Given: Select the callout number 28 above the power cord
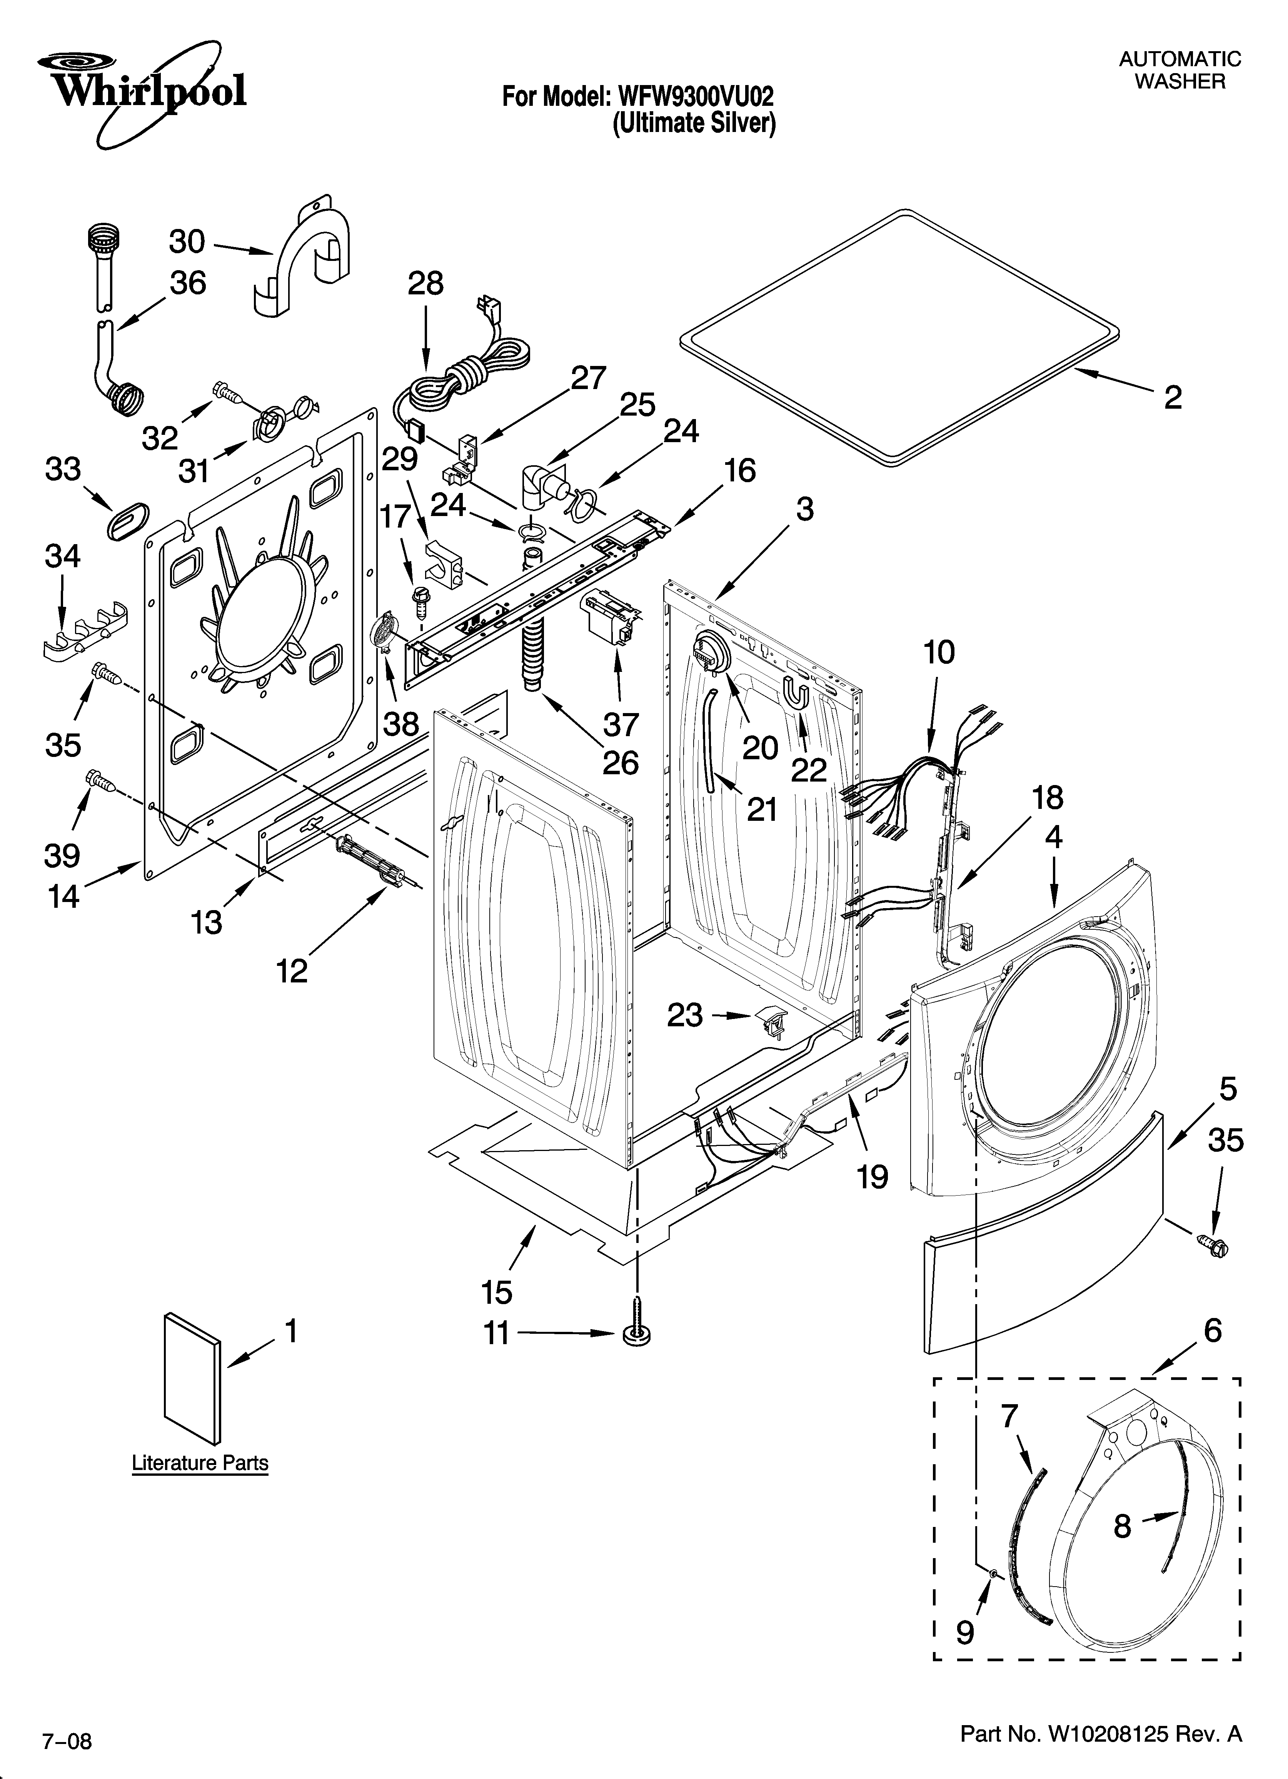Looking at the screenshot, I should click(x=425, y=283).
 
